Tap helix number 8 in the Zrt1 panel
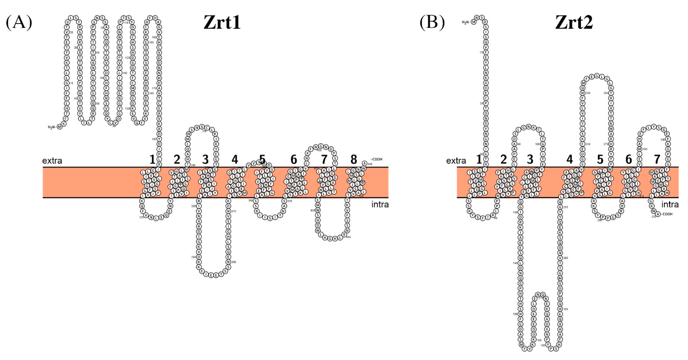click(x=354, y=160)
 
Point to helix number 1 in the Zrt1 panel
click(x=152, y=160)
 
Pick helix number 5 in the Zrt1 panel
click(x=263, y=160)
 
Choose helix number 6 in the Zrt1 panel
click(x=293, y=160)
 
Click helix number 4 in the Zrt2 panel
click(x=569, y=160)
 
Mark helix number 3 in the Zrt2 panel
click(x=530, y=160)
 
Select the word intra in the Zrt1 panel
click(x=380, y=205)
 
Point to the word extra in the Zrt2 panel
click(x=456, y=161)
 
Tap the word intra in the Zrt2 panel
click(x=670, y=205)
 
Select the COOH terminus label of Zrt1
click(x=377, y=159)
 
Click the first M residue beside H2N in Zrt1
click(x=60, y=127)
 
